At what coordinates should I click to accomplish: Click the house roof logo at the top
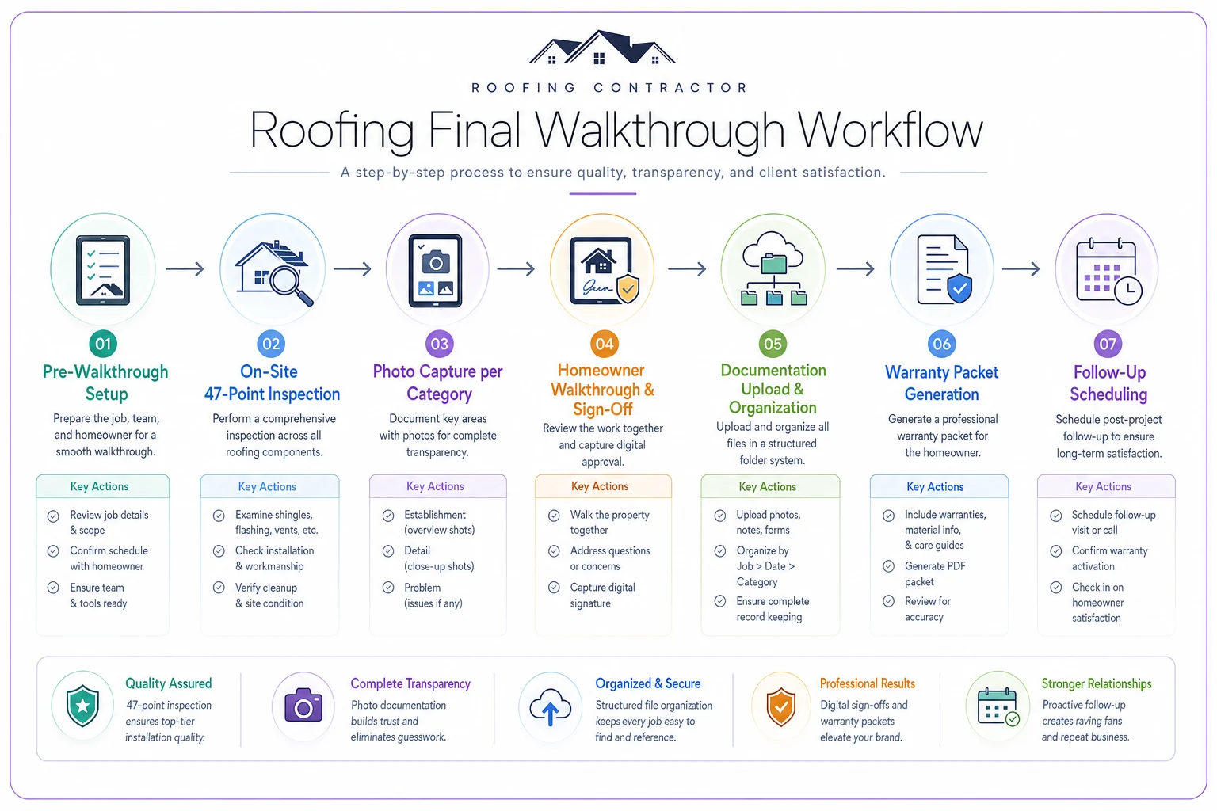pyautogui.click(x=602, y=48)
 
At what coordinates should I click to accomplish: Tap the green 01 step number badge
pyautogui.click(x=103, y=344)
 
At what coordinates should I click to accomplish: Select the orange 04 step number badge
pyautogui.click(x=605, y=344)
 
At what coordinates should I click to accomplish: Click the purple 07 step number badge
pyautogui.click(x=1107, y=344)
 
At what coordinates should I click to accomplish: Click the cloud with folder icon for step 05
pyautogui.click(x=773, y=268)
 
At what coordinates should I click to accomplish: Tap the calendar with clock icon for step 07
pyautogui.click(x=1108, y=271)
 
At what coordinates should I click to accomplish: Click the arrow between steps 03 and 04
pyautogui.click(x=516, y=269)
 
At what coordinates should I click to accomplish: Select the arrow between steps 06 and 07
pyautogui.click(x=1021, y=269)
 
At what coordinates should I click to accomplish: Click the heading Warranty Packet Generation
pyautogui.click(x=941, y=383)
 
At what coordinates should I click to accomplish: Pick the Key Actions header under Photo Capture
pyautogui.click(x=435, y=486)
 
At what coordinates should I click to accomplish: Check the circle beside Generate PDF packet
pyautogui.click(x=888, y=566)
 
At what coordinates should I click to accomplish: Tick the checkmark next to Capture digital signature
pyautogui.click(x=554, y=587)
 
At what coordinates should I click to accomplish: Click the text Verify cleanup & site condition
pyautogui.click(x=269, y=596)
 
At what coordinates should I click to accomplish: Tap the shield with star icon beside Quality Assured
pyautogui.click(x=82, y=706)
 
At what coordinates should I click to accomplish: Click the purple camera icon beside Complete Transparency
pyautogui.click(x=303, y=705)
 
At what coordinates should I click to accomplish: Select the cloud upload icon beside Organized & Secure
pyautogui.click(x=550, y=706)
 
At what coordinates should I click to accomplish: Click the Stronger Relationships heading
pyautogui.click(x=1097, y=683)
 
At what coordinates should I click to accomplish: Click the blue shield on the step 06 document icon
pyautogui.click(x=959, y=288)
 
